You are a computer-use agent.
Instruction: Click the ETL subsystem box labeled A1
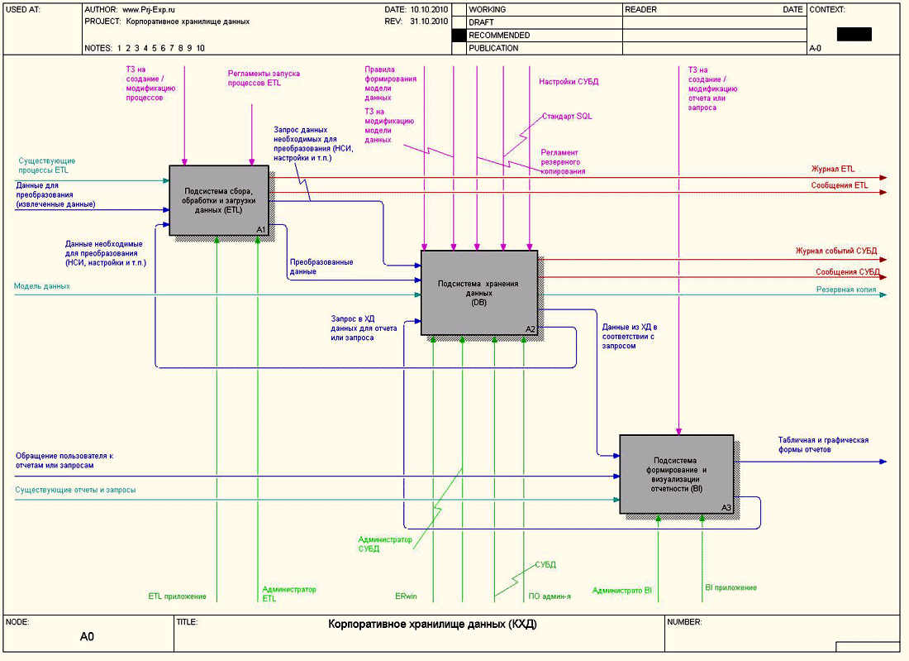coord(219,200)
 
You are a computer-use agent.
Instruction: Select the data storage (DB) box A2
coord(479,293)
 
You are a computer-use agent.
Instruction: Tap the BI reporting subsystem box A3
coord(677,474)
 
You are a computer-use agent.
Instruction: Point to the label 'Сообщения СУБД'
coord(847,272)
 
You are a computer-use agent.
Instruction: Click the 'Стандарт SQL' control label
coord(567,117)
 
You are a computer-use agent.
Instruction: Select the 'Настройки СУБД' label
coord(569,82)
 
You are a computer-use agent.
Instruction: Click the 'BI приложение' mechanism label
coord(731,587)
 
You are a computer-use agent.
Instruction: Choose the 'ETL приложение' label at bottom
coord(177,596)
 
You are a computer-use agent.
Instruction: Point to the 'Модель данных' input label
coord(42,286)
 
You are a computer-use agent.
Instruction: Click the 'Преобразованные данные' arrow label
coord(321,266)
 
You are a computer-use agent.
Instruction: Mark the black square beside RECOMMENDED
coord(459,36)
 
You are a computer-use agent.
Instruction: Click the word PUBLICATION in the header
coord(493,48)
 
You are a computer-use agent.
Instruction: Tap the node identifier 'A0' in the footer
coord(88,637)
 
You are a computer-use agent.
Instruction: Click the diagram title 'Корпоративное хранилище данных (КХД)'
coord(432,625)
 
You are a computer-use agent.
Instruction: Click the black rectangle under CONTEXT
coord(854,34)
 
